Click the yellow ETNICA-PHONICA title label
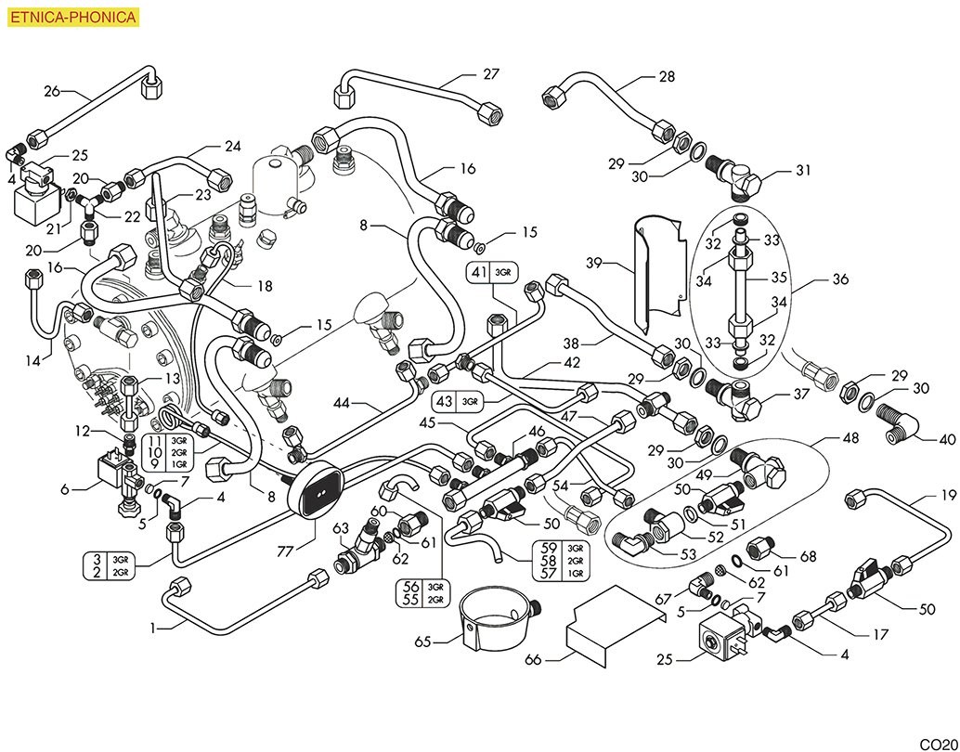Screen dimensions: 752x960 [x=73, y=17]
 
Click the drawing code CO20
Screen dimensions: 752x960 [x=938, y=744]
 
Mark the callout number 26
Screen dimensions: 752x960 [x=52, y=90]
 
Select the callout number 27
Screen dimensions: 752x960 [x=490, y=72]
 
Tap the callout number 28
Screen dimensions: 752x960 [x=667, y=77]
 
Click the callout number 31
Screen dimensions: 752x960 [x=803, y=171]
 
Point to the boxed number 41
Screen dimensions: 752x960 [x=479, y=272]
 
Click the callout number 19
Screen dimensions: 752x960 [x=947, y=495]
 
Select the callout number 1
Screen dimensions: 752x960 [x=153, y=629]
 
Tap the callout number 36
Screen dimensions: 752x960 [x=840, y=278]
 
